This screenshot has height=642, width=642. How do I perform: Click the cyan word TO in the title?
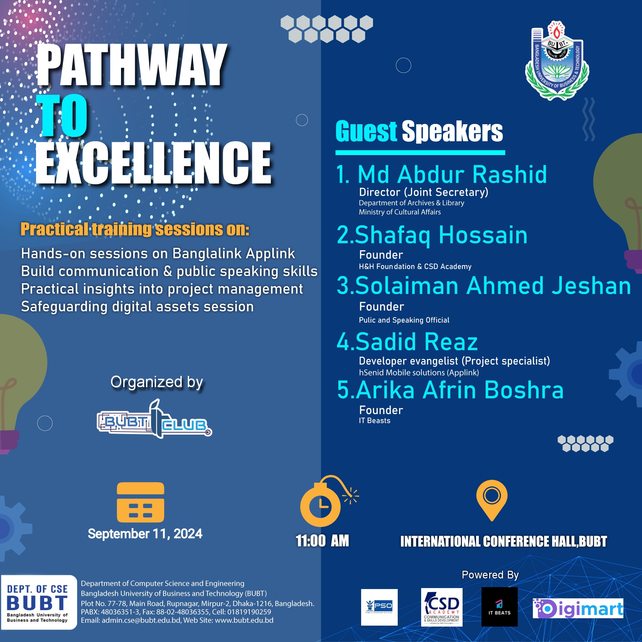64,115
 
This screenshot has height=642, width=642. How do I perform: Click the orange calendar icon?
141,502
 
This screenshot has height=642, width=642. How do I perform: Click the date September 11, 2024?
145,534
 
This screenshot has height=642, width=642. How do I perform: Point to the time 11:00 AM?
322,541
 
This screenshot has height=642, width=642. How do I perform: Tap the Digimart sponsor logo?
578,608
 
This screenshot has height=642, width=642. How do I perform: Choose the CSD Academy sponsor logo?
442,607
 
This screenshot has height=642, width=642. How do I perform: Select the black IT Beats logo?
499,606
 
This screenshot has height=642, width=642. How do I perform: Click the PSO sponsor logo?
379,607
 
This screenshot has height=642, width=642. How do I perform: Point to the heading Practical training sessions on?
135,229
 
